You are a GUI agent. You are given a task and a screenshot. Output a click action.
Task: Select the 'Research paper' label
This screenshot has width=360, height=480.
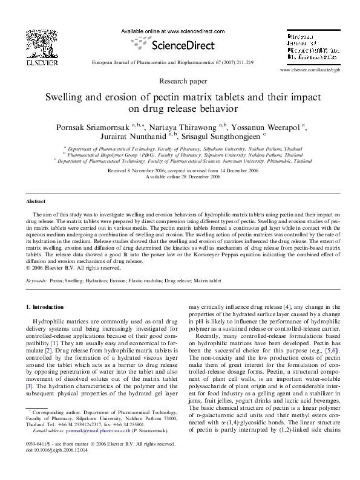pyautogui.click(x=180, y=80)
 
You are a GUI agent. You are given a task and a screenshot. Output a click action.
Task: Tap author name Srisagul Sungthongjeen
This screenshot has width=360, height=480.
pyautogui.click(x=211, y=137)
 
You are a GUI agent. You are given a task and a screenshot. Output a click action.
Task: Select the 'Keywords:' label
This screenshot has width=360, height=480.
pyautogui.click(x=37, y=282)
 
